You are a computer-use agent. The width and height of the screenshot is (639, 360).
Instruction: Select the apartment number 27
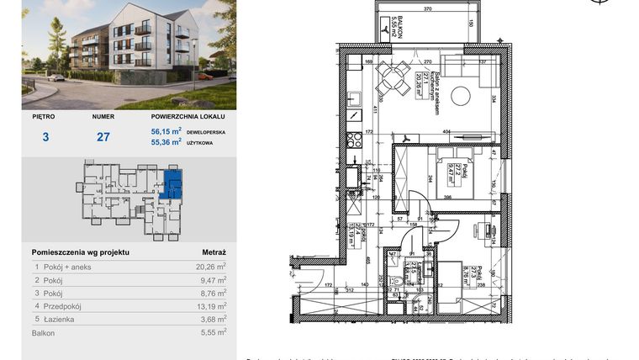pos(103,136)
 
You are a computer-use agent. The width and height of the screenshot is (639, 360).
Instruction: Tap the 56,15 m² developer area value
pos(166,131)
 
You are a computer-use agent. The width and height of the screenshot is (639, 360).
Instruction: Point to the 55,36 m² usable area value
pos(166,143)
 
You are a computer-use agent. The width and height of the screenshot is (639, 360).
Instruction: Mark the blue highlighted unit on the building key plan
pos(172,183)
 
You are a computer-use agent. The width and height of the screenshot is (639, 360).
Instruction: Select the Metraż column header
pos(214,251)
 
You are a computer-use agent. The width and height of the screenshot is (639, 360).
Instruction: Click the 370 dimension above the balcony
pos(427,8)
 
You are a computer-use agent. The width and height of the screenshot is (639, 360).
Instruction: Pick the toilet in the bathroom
pos(395,283)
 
